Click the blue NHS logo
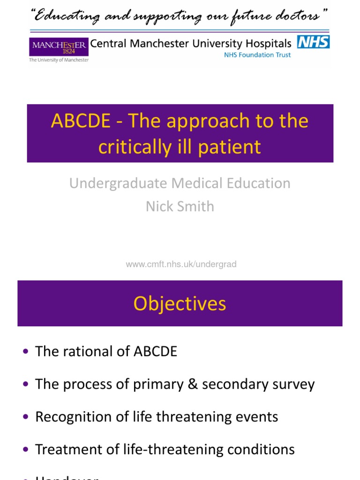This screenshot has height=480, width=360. [313, 42]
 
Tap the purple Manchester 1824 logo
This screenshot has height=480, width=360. [59, 47]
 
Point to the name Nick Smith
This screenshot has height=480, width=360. [180, 206]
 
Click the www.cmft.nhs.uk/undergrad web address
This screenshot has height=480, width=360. [181, 264]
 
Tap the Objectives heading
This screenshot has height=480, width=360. [180, 304]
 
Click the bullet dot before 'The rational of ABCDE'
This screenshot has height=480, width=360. [25, 352]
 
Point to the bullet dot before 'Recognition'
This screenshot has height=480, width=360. [25, 417]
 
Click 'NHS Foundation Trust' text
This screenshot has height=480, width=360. [257, 55]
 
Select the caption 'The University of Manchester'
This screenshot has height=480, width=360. [59, 60]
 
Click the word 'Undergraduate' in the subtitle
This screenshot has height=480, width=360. [117, 183]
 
